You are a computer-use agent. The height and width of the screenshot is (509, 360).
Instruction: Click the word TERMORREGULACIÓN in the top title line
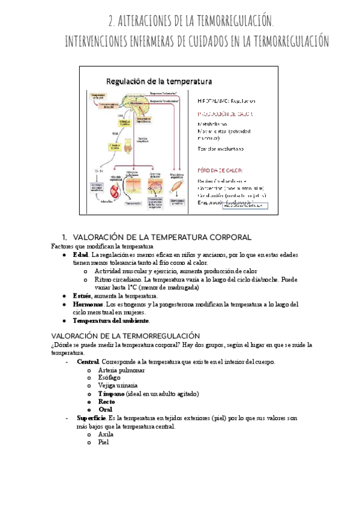(x=223, y=22)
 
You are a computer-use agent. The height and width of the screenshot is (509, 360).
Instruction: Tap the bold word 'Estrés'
(x=82, y=296)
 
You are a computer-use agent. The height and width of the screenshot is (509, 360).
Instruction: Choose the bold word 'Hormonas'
(x=88, y=304)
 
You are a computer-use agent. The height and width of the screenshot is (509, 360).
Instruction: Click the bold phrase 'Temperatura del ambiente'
(x=110, y=321)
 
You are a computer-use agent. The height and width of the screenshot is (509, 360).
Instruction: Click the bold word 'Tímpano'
(x=111, y=394)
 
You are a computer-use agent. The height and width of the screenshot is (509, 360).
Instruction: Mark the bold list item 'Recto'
(x=107, y=402)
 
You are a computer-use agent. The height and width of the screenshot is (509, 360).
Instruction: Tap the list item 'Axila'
(x=106, y=434)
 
